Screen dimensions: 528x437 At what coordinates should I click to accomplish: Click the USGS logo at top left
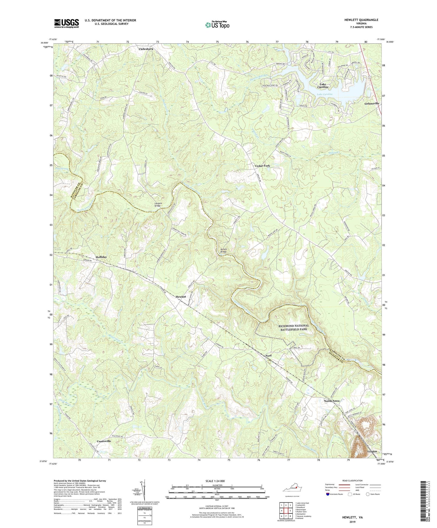(x=66, y=23)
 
